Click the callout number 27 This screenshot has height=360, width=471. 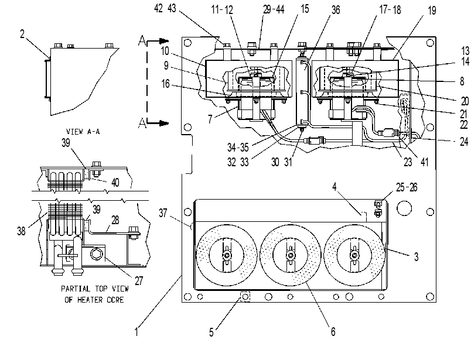click(138, 281)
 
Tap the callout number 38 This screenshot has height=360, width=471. click(21, 231)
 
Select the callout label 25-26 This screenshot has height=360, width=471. click(407, 187)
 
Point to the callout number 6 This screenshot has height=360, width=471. click(333, 331)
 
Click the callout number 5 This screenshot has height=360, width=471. click(211, 332)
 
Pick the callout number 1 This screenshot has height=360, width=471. click(136, 332)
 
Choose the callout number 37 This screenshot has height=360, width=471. click(163, 213)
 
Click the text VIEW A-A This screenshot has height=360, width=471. click(83, 132)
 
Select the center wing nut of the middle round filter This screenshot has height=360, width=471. click(291, 256)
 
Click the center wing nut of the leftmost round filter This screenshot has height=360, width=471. click(227, 255)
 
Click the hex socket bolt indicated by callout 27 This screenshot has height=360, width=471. click(97, 255)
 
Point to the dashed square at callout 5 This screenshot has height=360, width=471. click(245, 297)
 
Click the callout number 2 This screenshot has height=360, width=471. click(22, 33)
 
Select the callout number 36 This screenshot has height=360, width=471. click(336, 10)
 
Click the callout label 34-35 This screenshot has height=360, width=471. click(238, 147)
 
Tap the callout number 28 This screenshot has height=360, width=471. click(115, 220)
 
